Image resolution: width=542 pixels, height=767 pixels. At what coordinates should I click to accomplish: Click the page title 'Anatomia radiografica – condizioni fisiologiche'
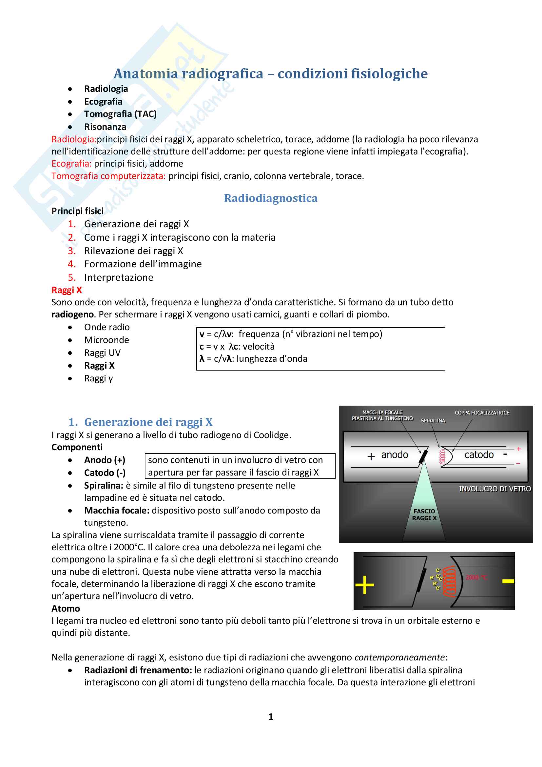point(270,74)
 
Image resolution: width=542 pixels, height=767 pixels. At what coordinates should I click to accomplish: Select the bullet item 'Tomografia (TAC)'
point(120,114)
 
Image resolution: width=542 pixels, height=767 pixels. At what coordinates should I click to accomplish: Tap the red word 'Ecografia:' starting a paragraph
point(71,164)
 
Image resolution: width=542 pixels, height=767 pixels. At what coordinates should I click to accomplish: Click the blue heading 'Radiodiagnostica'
point(270,198)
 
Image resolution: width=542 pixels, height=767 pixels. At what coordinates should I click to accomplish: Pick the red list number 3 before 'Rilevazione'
point(72,251)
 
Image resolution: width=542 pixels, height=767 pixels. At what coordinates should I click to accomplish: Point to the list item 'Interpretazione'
point(119,278)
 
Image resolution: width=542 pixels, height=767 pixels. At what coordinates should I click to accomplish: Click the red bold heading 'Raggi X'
point(67,290)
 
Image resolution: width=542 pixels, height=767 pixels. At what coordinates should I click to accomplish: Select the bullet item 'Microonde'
point(106,340)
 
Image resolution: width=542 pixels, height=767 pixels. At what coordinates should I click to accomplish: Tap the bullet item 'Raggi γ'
point(98,378)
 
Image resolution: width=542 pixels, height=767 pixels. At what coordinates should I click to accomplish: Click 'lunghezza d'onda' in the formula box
point(272,359)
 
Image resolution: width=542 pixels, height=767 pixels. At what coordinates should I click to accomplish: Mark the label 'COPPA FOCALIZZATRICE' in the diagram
point(482,413)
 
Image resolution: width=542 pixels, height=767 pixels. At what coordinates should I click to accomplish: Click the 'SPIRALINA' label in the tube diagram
point(433,421)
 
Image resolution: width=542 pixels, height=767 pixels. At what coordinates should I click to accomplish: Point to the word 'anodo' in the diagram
point(395,455)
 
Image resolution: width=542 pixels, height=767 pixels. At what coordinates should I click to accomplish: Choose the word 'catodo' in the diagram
point(479,455)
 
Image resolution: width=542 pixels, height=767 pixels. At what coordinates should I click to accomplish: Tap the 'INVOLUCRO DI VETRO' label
point(494,489)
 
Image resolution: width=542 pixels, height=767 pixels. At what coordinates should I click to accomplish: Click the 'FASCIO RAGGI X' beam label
point(424,515)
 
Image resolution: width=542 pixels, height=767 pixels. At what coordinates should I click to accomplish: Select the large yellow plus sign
point(364,585)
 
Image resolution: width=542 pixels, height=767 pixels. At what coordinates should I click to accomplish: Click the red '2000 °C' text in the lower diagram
point(476,577)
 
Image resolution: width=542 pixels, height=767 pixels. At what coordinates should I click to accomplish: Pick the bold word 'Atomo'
point(66,609)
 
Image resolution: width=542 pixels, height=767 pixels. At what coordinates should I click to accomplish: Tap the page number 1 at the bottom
point(271,717)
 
